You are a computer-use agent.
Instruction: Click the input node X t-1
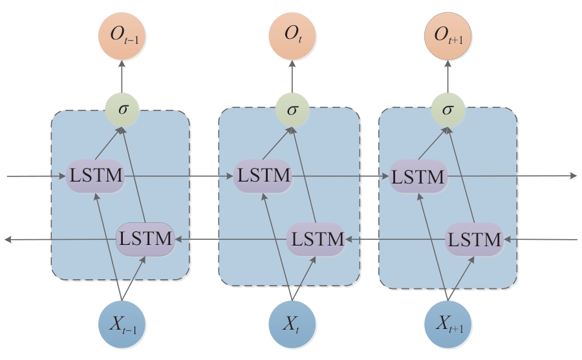pyautogui.click(x=122, y=323)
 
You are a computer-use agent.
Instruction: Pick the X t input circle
pyautogui.click(x=291, y=323)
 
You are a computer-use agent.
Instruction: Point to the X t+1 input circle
pyautogui.click(x=447, y=323)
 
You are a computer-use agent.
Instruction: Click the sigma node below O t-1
pyautogui.click(x=122, y=110)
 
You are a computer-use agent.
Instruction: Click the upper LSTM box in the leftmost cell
pyautogui.click(x=95, y=175)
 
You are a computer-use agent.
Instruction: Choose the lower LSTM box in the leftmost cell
pyautogui.click(x=145, y=238)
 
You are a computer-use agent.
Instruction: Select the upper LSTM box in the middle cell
pyautogui.click(x=263, y=175)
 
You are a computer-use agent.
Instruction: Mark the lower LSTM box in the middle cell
pyautogui.click(x=315, y=239)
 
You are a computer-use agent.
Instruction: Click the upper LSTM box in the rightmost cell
pyautogui.click(x=418, y=175)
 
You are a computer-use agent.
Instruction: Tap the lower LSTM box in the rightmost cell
pyautogui.click(x=475, y=239)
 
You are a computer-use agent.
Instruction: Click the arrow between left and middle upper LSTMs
pyautogui.click(x=178, y=175)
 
